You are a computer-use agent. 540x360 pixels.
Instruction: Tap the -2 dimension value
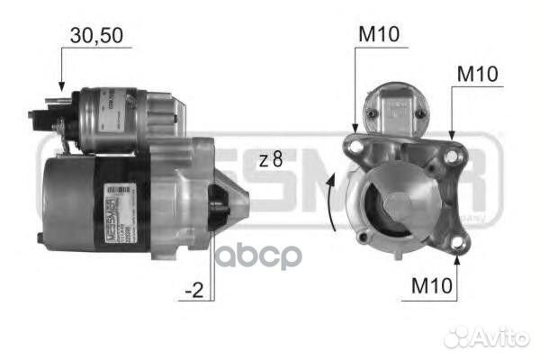coord(193,291)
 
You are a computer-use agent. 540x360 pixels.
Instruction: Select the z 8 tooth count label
coord(270,159)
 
